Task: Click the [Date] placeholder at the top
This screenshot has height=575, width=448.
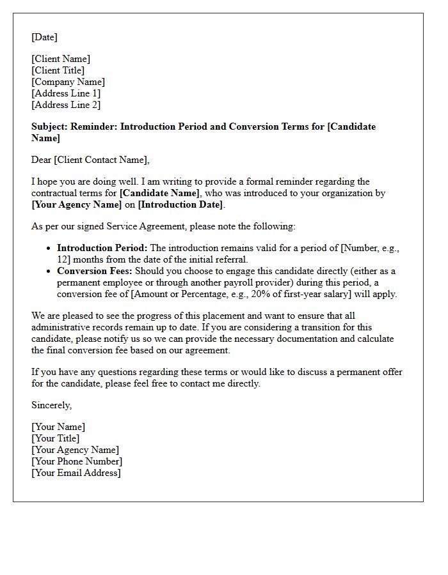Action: coord(44,37)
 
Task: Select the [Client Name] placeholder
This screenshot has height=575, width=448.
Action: coord(61,59)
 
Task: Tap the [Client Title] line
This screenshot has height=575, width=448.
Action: coord(58,70)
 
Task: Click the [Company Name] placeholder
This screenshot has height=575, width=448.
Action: coord(68,82)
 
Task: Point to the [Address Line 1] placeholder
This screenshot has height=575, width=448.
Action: coord(66,93)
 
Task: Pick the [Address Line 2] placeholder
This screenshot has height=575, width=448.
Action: coord(66,105)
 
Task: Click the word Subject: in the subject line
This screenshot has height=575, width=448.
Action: coord(49,126)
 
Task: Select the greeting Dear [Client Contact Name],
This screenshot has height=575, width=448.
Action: coord(90,160)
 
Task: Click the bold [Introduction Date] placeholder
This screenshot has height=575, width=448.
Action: coord(180,204)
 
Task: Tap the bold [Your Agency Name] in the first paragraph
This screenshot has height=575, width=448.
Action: coord(76,204)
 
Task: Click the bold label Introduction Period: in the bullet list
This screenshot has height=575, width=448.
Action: coord(102,248)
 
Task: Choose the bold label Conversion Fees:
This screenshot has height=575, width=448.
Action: coord(95,271)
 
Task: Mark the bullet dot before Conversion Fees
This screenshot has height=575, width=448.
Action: coord(49,272)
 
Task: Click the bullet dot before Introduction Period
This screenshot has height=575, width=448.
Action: coord(49,249)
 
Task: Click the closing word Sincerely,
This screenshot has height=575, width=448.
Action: coord(51,405)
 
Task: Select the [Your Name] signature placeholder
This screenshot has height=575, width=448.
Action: coord(58,427)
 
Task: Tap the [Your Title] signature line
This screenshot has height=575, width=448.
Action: coord(55,438)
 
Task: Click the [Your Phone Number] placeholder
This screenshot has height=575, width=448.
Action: coord(77,461)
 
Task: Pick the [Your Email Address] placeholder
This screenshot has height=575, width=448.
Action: coord(76,473)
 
